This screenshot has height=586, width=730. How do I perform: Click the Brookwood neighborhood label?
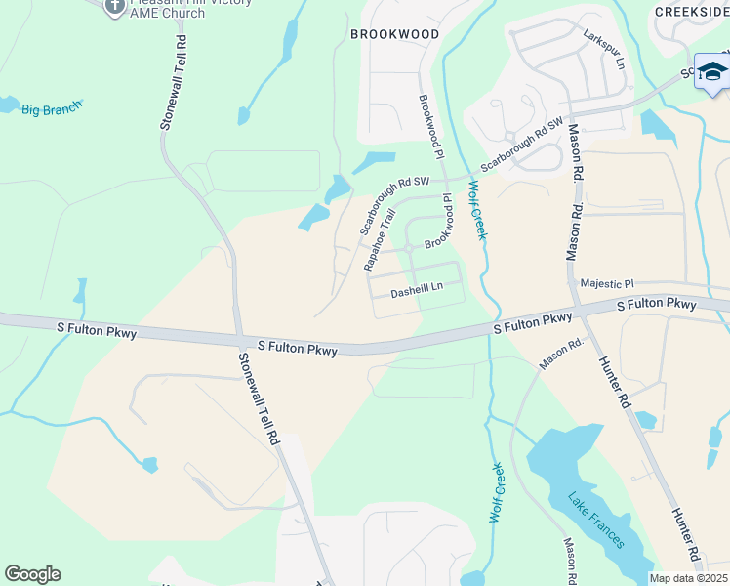394,34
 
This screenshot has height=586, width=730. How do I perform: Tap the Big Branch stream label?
52,109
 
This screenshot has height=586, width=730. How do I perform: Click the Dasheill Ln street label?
417,289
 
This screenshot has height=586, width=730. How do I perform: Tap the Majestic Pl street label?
607,283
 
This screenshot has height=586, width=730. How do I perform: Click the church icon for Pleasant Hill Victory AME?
114,5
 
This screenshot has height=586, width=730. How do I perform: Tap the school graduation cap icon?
711,72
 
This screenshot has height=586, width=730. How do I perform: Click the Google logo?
32,574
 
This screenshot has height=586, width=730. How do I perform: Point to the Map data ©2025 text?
689,578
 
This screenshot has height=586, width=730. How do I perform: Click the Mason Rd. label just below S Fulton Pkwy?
560,354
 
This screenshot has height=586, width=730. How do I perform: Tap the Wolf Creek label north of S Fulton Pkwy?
477,209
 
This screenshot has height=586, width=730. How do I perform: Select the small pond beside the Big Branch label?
8,104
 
